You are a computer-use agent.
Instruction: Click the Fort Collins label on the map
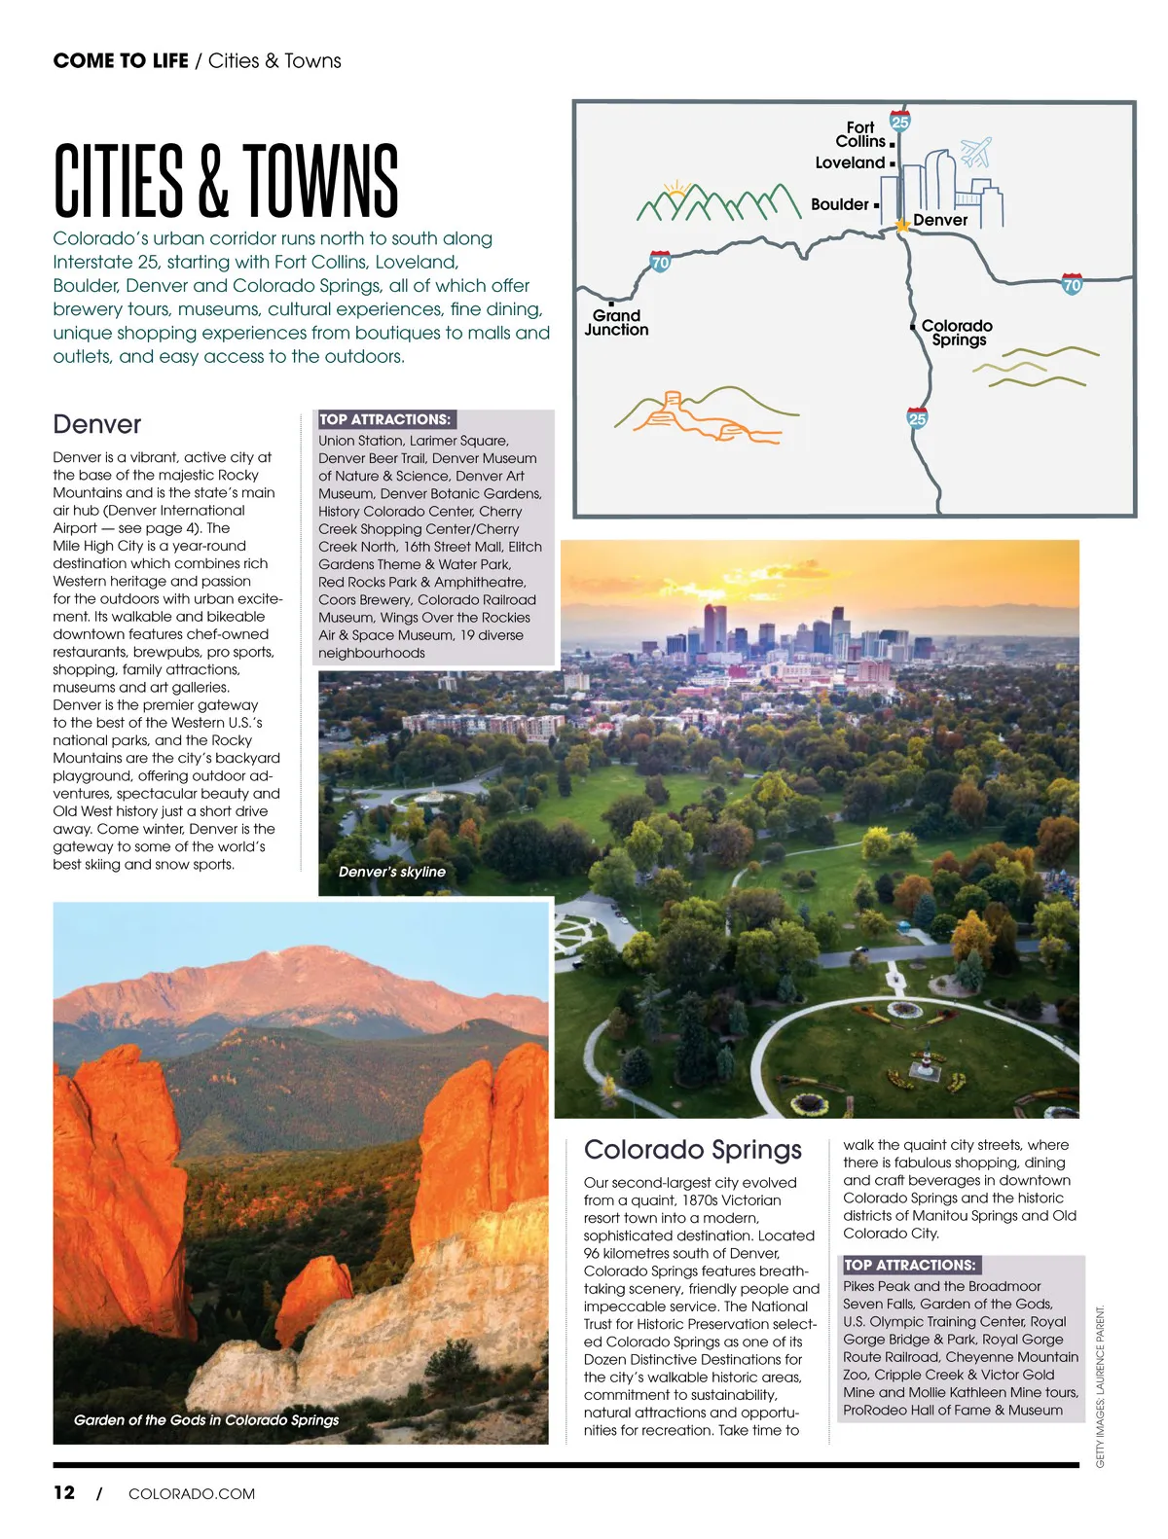point(860,134)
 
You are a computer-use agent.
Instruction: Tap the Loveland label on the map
point(850,162)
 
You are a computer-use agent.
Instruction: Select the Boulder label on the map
point(839,204)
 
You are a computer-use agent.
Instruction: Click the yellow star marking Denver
point(902,225)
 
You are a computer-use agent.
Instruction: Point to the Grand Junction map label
point(616,322)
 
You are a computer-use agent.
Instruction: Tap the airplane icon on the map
point(975,152)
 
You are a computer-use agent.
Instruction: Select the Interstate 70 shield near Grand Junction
point(660,262)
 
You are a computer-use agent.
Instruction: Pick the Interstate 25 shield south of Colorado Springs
point(917,418)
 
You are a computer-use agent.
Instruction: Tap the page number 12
point(64,1492)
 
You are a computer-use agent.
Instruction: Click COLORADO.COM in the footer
point(192,1493)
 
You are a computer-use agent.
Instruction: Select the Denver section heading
point(97,424)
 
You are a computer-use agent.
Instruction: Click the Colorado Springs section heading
point(692,1149)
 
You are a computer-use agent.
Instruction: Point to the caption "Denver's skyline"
point(391,872)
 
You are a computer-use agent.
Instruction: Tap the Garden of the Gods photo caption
point(206,1419)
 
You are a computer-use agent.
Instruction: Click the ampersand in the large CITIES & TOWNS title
point(212,182)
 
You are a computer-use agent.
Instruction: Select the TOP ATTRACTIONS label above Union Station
point(385,419)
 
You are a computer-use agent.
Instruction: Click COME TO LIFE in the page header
point(121,60)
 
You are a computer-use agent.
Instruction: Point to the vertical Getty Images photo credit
point(1100,1386)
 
